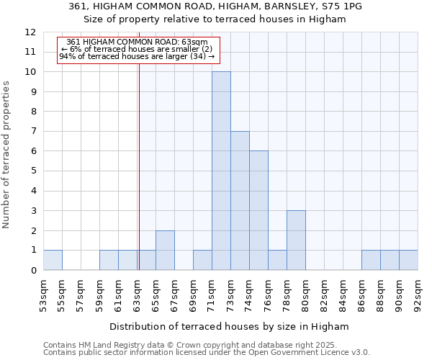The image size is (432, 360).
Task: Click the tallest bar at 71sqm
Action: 221,171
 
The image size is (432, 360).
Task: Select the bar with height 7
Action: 240,201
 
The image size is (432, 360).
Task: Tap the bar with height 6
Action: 258,210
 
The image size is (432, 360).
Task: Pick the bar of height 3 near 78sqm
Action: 296,240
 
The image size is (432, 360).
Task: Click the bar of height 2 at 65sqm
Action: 165,250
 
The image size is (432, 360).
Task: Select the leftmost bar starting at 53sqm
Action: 53,260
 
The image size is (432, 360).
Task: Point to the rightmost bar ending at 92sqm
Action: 408,260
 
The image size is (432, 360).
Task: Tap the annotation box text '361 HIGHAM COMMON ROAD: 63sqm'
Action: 137,42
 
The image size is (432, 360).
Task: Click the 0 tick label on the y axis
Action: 32,271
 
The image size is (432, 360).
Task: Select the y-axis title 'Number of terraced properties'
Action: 6,154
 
